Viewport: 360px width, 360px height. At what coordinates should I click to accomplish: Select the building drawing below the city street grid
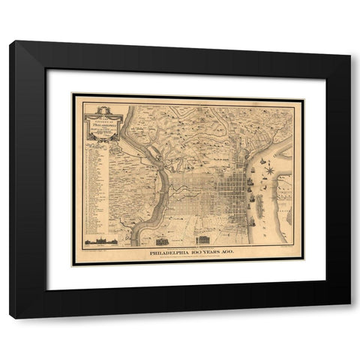click(202, 241)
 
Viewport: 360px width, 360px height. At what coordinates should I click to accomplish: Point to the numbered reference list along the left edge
click(94, 187)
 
